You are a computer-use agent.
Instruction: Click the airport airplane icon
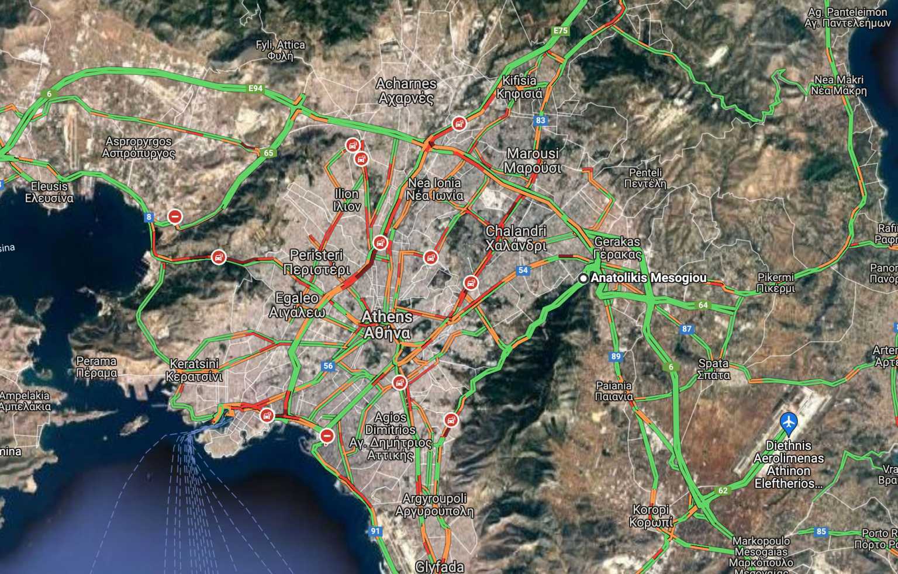coord(789,420)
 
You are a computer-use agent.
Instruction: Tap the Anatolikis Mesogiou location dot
coord(583,279)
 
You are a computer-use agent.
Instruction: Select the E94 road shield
coord(255,89)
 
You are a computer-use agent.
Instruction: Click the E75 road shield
coord(560,30)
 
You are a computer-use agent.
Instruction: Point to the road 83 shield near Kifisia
coord(540,120)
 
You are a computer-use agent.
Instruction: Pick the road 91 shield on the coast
coord(375,531)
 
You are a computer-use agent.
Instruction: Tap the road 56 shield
coord(328,366)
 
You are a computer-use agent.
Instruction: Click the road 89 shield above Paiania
coord(616,356)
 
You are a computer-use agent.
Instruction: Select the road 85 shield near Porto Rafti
coord(821,531)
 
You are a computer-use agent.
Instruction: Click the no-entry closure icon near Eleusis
coord(175,217)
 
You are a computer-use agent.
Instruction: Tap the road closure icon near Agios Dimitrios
coord(327,435)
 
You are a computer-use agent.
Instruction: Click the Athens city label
coord(386,325)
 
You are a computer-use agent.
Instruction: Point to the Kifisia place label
coord(519,87)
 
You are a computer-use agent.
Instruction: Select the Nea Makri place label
coord(838,85)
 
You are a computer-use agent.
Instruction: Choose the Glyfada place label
coord(440,566)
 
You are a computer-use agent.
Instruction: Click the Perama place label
coord(96,367)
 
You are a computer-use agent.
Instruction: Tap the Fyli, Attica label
coord(281,50)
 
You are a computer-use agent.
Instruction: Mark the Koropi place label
coord(651,516)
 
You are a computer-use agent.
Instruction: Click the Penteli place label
coord(645,178)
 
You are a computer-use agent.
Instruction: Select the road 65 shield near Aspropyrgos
coord(268,153)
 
